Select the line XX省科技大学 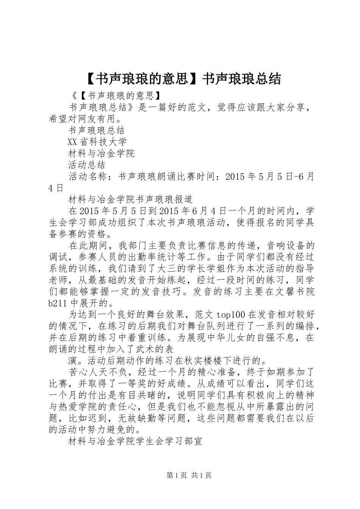pyautogui.click(x=97, y=142)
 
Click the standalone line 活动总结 pyautogui.click(x=87, y=165)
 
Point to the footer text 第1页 pyautogui.click(x=176, y=475)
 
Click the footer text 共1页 pyautogui.click(x=201, y=475)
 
